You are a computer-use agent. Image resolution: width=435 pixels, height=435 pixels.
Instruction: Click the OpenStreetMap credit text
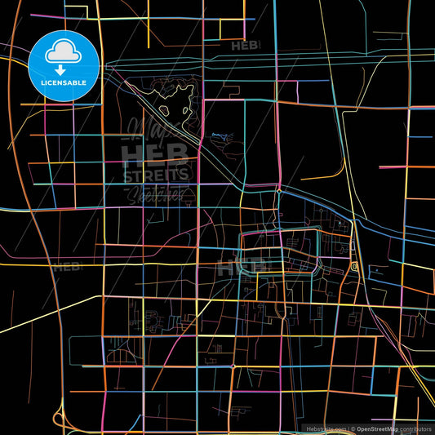[383, 428]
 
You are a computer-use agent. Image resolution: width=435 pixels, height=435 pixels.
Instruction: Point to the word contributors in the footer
[417, 428]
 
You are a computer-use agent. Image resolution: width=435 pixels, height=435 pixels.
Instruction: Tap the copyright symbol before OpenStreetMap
[353, 428]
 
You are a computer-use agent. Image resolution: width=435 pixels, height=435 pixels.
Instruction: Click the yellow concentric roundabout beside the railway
[354, 267]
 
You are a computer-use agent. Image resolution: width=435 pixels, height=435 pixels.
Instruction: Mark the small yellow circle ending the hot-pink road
[278, 191]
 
